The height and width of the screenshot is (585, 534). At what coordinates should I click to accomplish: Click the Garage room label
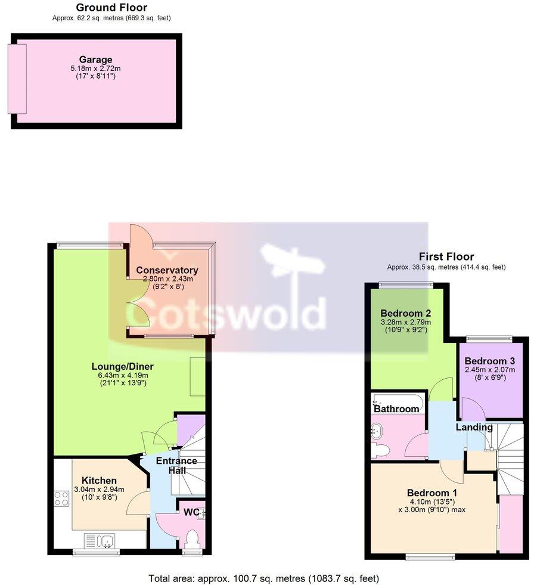click(x=95, y=60)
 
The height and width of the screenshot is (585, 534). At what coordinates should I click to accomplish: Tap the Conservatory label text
click(x=167, y=271)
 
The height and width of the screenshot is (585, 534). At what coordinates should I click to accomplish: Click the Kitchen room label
click(x=99, y=481)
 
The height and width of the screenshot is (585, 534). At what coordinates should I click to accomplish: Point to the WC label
click(x=191, y=512)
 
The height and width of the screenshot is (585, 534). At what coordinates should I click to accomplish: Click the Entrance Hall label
click(x=176, y=466)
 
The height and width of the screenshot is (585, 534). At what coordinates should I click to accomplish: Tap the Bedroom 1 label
click(x=432, y=493)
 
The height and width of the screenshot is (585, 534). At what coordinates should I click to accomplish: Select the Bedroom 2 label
click(x=406, y=313)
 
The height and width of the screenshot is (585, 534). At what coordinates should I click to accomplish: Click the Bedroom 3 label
click(x=489, y=361)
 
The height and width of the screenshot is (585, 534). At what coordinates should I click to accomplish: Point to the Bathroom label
click(x=396, y=409)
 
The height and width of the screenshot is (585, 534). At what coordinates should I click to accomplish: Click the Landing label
click(x=474, y=427)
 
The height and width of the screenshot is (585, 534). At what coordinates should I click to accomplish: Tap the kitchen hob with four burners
click(x=62, y=497)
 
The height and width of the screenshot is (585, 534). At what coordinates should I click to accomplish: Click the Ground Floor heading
click(x=111, y=8)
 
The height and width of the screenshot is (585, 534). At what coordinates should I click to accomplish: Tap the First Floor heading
click(x=446, y=257)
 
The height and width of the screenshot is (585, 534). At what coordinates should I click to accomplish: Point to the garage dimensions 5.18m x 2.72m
click(x=95, y=69)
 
